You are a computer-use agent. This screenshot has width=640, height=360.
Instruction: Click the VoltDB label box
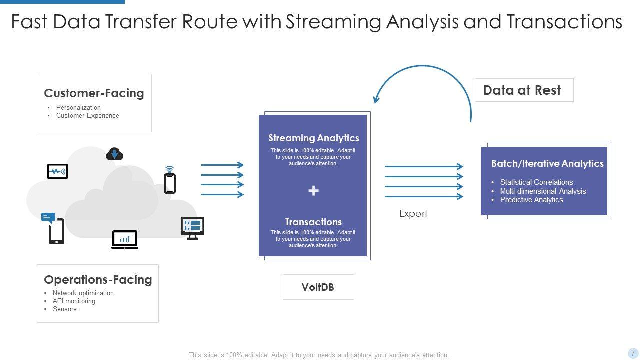point(318,287)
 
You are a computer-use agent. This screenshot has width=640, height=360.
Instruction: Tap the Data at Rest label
point(522,90)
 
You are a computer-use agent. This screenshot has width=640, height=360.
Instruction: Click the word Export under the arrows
point(413,214)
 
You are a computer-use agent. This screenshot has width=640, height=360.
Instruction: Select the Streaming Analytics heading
point(313,138)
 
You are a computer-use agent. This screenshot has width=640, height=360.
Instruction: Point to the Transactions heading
point(313,222)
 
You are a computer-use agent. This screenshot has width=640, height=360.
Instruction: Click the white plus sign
point(313,190)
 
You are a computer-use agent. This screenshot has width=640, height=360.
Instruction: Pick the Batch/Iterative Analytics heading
point(547,164)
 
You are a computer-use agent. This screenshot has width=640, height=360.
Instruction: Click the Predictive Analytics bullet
point(531,200)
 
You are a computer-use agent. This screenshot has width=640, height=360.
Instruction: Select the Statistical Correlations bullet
point(536,182)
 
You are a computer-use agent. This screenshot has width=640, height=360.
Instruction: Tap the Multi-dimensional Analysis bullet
point(543,191)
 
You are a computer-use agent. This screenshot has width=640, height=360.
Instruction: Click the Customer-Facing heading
point(94,93)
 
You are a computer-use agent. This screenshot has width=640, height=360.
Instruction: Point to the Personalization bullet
point(78,108)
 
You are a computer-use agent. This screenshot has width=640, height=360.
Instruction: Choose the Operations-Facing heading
point(98,280)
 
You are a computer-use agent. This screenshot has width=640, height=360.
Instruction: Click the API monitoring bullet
point(74,301)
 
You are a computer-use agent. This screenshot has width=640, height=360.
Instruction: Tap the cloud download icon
point(114,154)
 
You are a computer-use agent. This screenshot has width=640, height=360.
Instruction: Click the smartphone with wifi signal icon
point(170,181)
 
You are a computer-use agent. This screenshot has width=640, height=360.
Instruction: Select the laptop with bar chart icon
point(125,240)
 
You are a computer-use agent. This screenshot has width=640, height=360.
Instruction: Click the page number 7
point(633,353)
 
